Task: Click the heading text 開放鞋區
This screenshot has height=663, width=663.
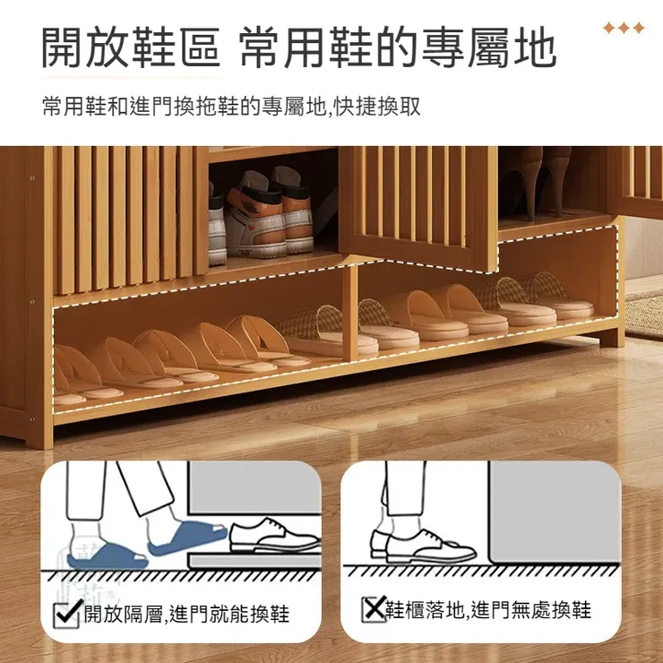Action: tap(131, 48)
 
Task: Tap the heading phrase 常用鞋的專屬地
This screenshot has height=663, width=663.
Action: tap(398, 48)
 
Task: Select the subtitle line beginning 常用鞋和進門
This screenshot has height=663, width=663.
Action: tap(230, 108)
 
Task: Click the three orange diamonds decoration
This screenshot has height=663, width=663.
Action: tap(624, 29)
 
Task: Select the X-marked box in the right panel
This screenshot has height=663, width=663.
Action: tap(372, 610)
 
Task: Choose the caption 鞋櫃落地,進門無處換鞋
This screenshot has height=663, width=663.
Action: tap(488, 611)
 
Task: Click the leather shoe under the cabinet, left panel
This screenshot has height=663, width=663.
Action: tap(274, 537)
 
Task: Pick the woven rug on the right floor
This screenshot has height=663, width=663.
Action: tap(642, 313)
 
